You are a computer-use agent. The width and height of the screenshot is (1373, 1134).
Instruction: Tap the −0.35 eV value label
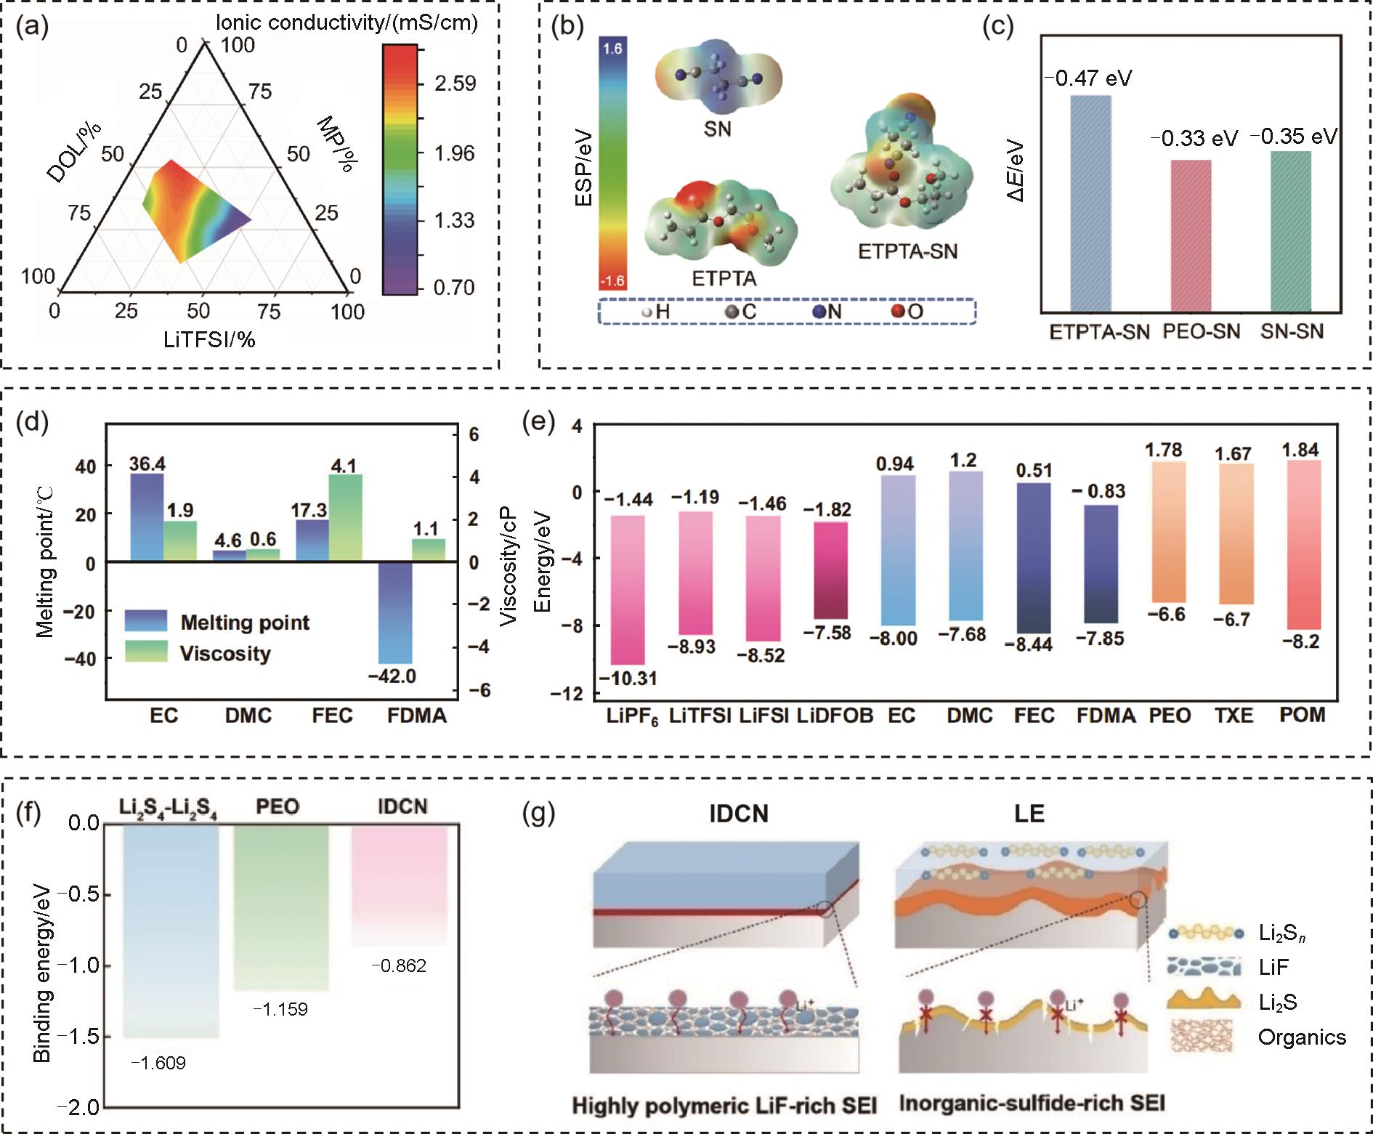click(1293, 137)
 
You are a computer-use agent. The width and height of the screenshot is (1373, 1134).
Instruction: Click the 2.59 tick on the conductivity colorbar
click(455, 83)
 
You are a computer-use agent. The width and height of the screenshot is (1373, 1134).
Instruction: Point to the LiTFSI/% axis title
click(209, 339)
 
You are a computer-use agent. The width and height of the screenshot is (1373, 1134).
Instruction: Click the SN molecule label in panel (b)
click(717, 129)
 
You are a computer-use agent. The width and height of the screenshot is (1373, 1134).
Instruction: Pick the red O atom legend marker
click(897, 312)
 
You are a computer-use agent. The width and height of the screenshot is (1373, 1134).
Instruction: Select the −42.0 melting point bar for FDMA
click(395, 613)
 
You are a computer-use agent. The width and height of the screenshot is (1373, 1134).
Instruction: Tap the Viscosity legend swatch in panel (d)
click(146, 652)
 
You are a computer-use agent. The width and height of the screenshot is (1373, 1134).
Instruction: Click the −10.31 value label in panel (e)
click(628, 679)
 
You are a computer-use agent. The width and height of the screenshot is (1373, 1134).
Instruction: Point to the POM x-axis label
click(1302, 716)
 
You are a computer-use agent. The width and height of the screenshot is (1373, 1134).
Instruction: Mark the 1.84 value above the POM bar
click(1300, 450)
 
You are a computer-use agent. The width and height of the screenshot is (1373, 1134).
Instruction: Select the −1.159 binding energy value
click(280, 1009)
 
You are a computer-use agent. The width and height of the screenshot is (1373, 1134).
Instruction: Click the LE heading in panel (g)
click(1029, 814)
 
